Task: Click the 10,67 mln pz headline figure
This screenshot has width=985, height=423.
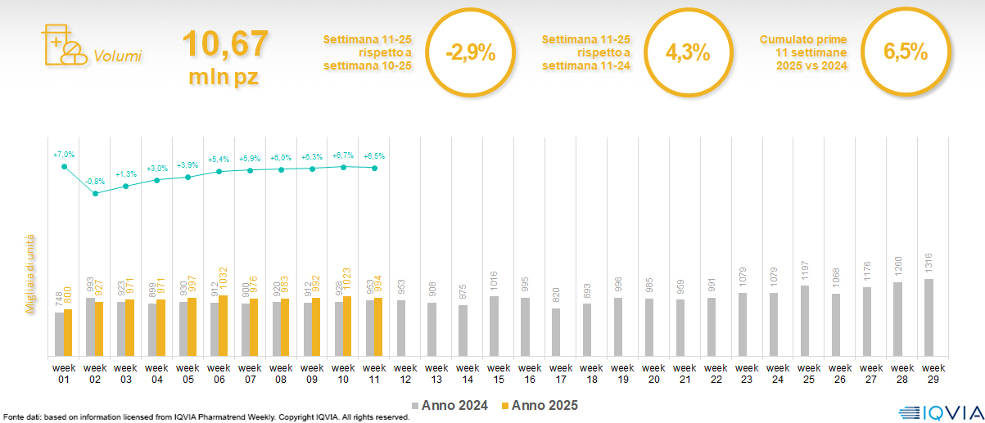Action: click(x=224, y=57)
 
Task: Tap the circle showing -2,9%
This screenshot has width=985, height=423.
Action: click(x=471, y=53)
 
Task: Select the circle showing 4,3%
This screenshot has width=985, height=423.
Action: click(x=687, y=52)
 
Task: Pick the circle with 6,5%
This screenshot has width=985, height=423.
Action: click(x=905, y=52)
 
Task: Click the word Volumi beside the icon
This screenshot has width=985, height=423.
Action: click(x=117, y=56)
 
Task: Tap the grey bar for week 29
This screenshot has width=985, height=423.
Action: click(x=928, y=317)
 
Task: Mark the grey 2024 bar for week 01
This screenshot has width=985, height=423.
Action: click(x=59, y=334)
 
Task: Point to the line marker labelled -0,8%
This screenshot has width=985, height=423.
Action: click(x=95, y=193)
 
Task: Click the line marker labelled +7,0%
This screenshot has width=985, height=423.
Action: click(x=64, y=167)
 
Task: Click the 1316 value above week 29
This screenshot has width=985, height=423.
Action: click(x=928, y=264)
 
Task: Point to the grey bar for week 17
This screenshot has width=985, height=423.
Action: click(x=555, y=332)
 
